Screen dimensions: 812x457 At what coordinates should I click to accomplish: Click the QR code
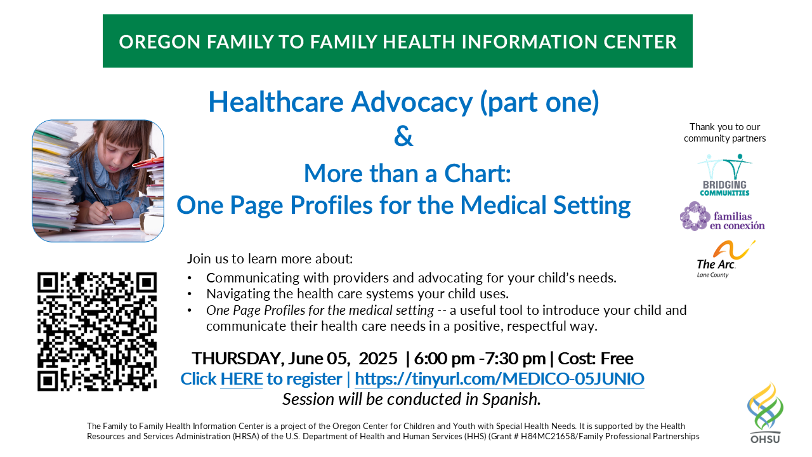click(x=97, y=331)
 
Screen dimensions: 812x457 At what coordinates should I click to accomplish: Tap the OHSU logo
click(x=765, y=413)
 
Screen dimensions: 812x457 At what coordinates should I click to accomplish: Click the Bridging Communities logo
click(x=724, y=175)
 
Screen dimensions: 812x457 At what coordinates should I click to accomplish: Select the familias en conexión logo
click(x=722, y=216)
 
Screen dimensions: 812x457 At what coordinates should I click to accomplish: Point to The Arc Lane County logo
click(x=724, y=259)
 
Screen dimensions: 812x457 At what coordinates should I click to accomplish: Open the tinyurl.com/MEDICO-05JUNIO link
click(x=499, y=379)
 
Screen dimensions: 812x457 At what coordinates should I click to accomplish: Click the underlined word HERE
click(x=242, y=379)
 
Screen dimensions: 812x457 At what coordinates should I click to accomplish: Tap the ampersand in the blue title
click(x=403, y=136)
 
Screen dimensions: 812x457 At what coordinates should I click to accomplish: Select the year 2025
click(x=378, y=359)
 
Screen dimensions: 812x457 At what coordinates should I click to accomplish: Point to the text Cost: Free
click(x=596, y=359)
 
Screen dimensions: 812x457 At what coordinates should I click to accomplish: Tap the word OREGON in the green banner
click(x=160, y=42)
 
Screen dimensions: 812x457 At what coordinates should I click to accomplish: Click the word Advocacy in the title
click(x=412, y=102)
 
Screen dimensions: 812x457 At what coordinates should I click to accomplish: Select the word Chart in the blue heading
click(x=478, y=173)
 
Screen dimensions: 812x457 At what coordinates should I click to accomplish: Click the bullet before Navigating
click(x=190, y=294)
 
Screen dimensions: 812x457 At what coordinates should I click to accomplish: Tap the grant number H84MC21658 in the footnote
click(x=547, y=436)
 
